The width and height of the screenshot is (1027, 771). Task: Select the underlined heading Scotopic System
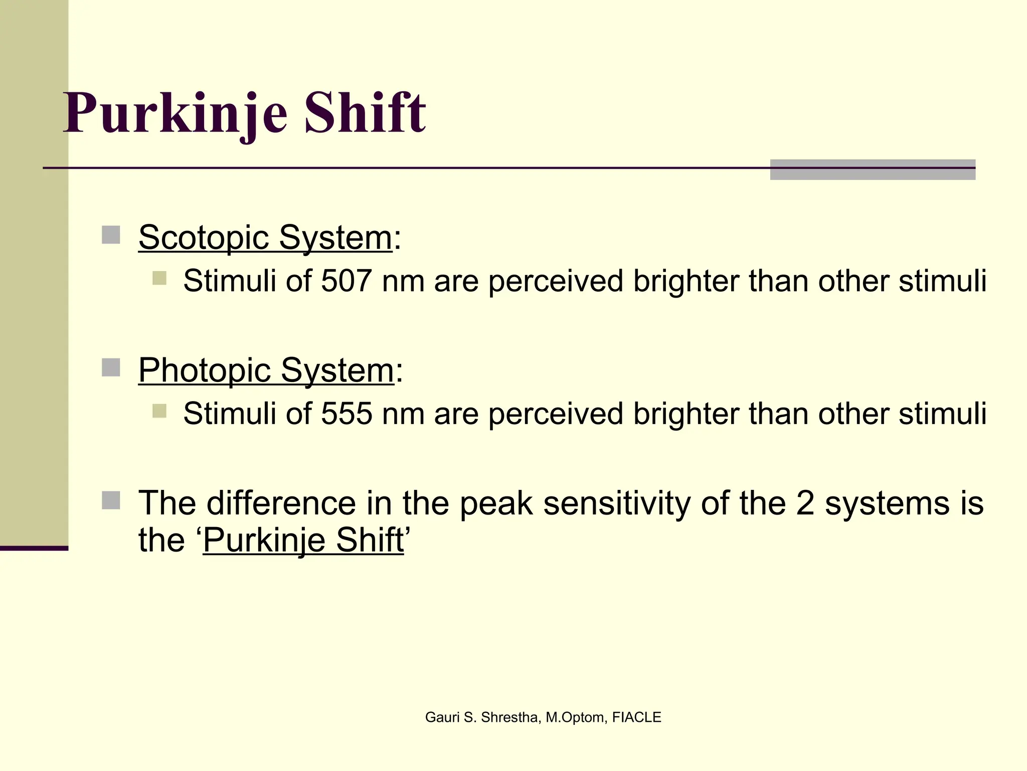265,237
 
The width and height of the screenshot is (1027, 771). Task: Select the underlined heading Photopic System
266,370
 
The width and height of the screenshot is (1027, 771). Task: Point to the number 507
347,281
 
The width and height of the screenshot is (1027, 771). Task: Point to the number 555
347,414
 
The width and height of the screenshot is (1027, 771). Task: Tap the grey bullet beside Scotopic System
111,235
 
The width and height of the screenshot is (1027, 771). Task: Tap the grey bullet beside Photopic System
111,367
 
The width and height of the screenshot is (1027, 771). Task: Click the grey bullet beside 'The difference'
111,500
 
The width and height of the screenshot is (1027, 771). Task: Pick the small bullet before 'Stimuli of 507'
159,278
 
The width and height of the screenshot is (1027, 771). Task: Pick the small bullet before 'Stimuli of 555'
159,411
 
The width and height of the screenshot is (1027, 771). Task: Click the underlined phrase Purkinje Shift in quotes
303,541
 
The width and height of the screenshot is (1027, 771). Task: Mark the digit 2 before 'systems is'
804,503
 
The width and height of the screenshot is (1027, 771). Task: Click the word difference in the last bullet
281,503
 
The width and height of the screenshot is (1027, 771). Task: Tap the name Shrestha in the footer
510,718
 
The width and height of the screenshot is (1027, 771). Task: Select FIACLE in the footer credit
636,718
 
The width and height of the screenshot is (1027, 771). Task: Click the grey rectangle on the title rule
873,170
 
